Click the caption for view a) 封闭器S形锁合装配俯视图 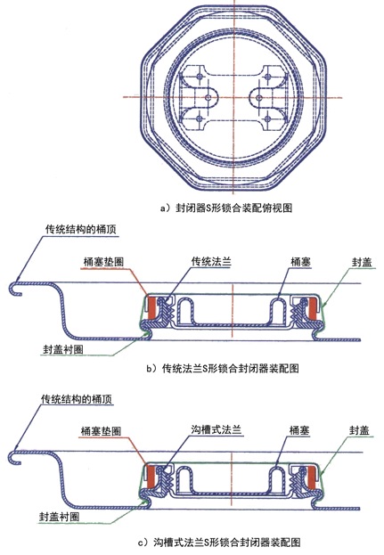pos(226,208)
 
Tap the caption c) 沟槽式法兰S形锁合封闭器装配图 pos(220,542)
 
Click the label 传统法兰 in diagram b pos(211,262)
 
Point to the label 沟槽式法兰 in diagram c pos(217,429)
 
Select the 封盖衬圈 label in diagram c pos(59,517)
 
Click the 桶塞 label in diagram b pos(300,262)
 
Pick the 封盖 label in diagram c pos(359,430)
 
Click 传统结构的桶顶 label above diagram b pos(81,229)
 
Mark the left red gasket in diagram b pos(152,307)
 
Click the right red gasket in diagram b pos(312,307)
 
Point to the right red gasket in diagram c pos(311,477)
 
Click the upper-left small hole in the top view pos(200,77)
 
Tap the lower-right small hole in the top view pos(267,118)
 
